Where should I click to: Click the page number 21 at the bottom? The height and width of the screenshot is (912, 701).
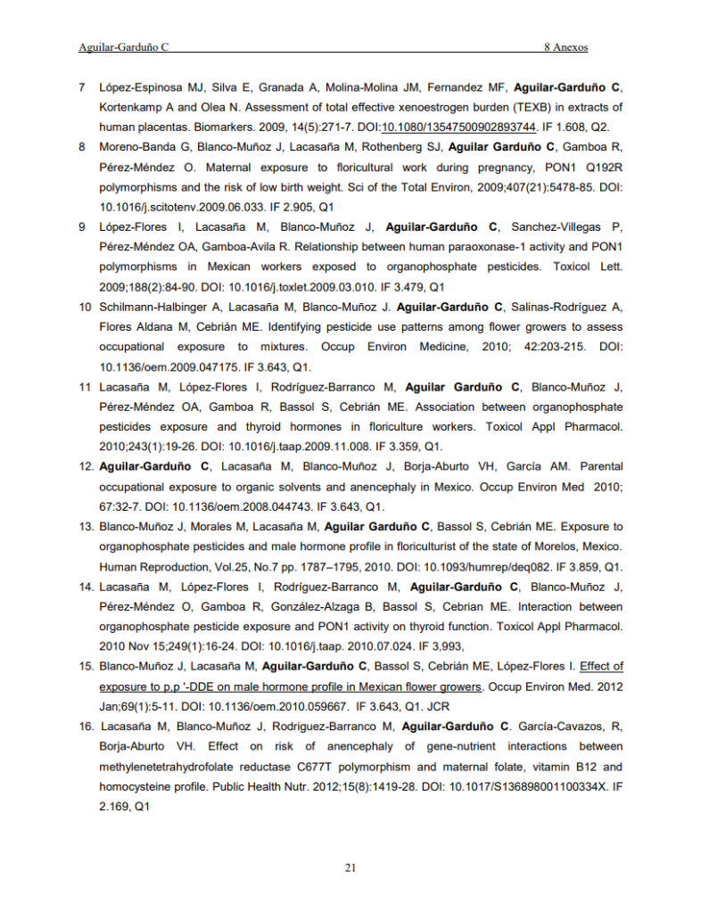click(x=350, y=867)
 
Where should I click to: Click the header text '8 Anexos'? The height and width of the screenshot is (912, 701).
click(x=566, y=45)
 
